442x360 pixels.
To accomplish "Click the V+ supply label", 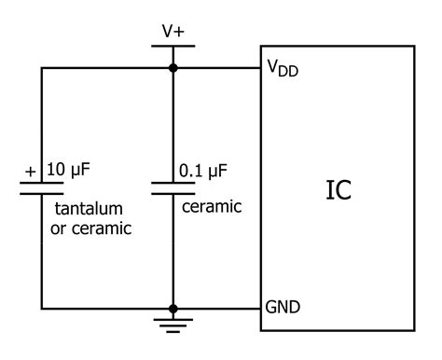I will pyautogui.click(x=173, y=30).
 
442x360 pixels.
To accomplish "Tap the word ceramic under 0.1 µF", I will pyautogui.click(x=211, y=205).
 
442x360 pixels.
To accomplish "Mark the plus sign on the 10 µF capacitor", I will pyautogui.click(x=30, y=172).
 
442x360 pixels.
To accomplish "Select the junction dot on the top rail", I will pyautogui.click(x=173, y=68).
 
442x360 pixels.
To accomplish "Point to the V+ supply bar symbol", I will pyautogui.click(x=173, y=46).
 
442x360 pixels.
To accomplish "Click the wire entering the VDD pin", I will pyautogui.click(x=219, y=68).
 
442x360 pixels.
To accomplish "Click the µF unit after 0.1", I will pyautogui.click(x=218, y=171).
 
